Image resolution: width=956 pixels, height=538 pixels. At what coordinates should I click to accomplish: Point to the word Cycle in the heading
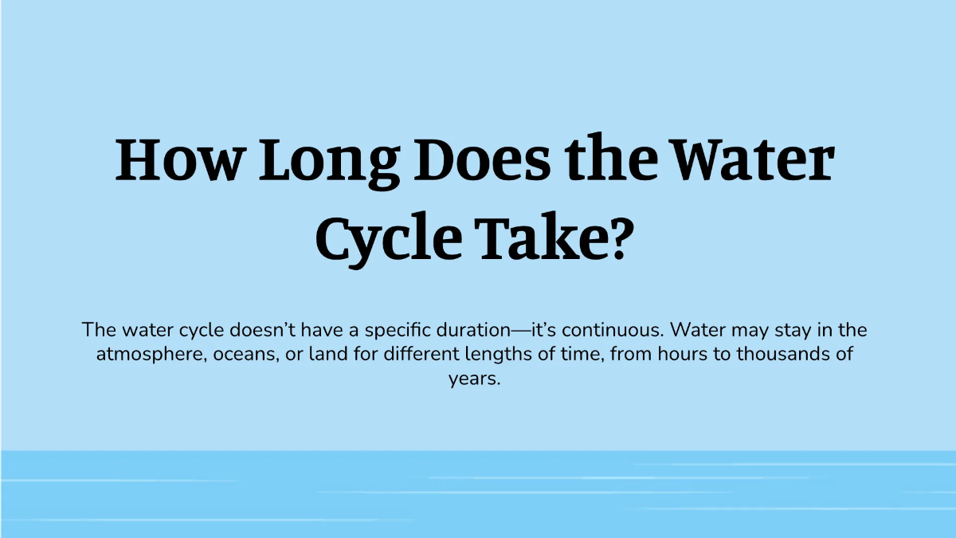point(389,240)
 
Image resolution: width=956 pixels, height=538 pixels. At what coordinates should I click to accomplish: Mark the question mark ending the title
point(619,237)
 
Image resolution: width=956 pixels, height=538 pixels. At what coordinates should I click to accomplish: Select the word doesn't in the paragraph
point(262,330)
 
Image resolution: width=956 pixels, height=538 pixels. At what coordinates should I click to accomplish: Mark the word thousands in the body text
point(783,354)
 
